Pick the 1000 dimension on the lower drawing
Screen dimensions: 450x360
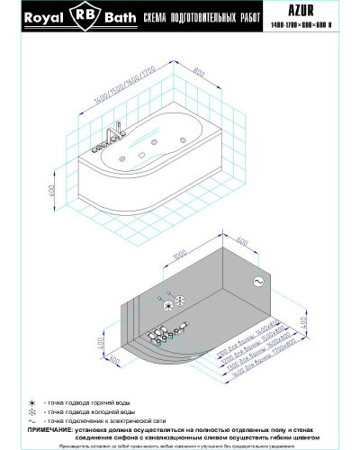click(178, 256)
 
